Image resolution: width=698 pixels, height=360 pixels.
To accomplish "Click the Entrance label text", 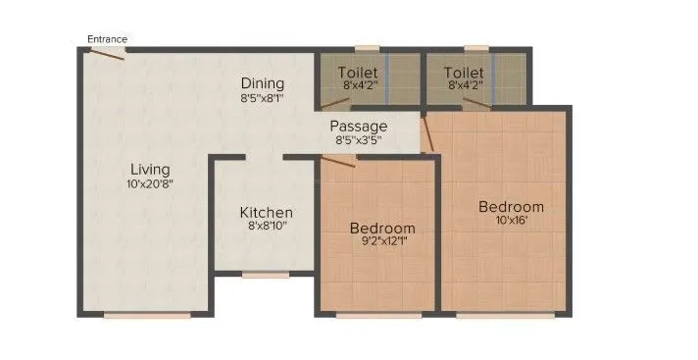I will (x=107, y=39).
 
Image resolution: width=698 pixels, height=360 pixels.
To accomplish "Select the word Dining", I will (x=263, y=83).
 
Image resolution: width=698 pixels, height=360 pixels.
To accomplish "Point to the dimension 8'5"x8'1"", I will (x=263, y=98).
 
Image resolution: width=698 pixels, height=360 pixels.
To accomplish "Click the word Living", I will (x=148, y=169).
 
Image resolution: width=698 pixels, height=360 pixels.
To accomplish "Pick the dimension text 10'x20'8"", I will (x=148, y=183).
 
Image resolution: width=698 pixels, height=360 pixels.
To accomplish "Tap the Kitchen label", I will (x=267, y=212).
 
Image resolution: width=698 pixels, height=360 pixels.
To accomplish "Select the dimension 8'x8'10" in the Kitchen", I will (x=267, y=226).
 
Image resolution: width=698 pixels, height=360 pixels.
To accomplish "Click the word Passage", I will (x=358, y=127).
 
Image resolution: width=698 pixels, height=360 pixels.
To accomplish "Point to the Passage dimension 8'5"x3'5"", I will (x=358, y=140).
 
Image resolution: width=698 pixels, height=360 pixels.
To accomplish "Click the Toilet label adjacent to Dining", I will (x=358, y=73).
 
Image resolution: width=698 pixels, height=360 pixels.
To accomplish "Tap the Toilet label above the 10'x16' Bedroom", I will (x=463, y=73).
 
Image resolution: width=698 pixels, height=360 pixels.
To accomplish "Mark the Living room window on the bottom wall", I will (x=147, y=315).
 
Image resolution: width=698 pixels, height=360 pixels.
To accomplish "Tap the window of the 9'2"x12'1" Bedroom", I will (x=378, y=315).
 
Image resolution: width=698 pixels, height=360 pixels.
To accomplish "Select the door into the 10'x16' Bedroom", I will (x=426, y=132).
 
